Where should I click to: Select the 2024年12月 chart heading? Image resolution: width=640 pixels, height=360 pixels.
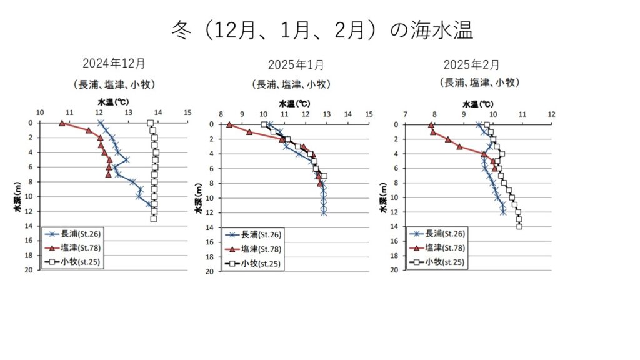[x=114, y=63]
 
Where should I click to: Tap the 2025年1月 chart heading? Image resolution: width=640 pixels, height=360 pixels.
[x=296, y=64]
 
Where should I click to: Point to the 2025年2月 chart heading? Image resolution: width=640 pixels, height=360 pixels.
[x=472, y=64]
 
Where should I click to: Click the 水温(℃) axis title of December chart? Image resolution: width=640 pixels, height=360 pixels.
[x=114, y=101]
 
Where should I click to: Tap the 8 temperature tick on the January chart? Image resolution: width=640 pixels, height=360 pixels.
[x=221, y=114]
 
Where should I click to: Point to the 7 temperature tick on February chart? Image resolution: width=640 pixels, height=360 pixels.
[x=406, y=114]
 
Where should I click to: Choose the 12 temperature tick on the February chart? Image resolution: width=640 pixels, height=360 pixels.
[x=551, y=114]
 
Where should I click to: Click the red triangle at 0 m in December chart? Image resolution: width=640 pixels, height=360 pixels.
[x=62, y=123]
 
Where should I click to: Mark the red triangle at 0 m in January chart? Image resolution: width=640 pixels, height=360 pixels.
[x=229, y=125]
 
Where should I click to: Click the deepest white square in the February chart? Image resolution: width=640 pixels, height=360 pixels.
[x=519, y=226]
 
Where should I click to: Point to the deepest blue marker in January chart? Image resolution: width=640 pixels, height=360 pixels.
[x=324, y=212]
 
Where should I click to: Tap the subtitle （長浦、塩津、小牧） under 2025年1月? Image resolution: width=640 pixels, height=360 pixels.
[x=291, y=84]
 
